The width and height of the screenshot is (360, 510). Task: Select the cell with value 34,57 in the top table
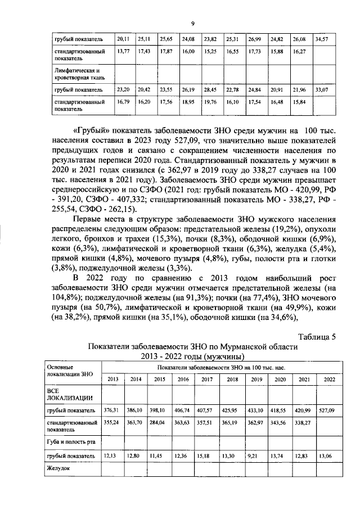pyautogui.click(x=322, y=39)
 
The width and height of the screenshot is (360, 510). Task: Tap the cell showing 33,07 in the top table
pyautogui.click(x=322, y=89)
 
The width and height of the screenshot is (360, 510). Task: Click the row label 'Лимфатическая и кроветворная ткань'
pyautogui.click(x=75, y=74)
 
